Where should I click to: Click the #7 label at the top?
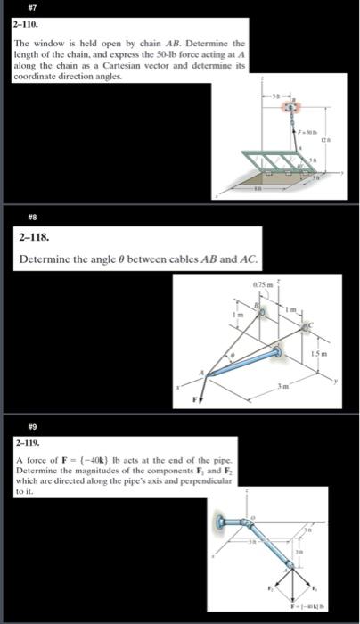point(20,7)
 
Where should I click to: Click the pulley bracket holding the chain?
point(290,107)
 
